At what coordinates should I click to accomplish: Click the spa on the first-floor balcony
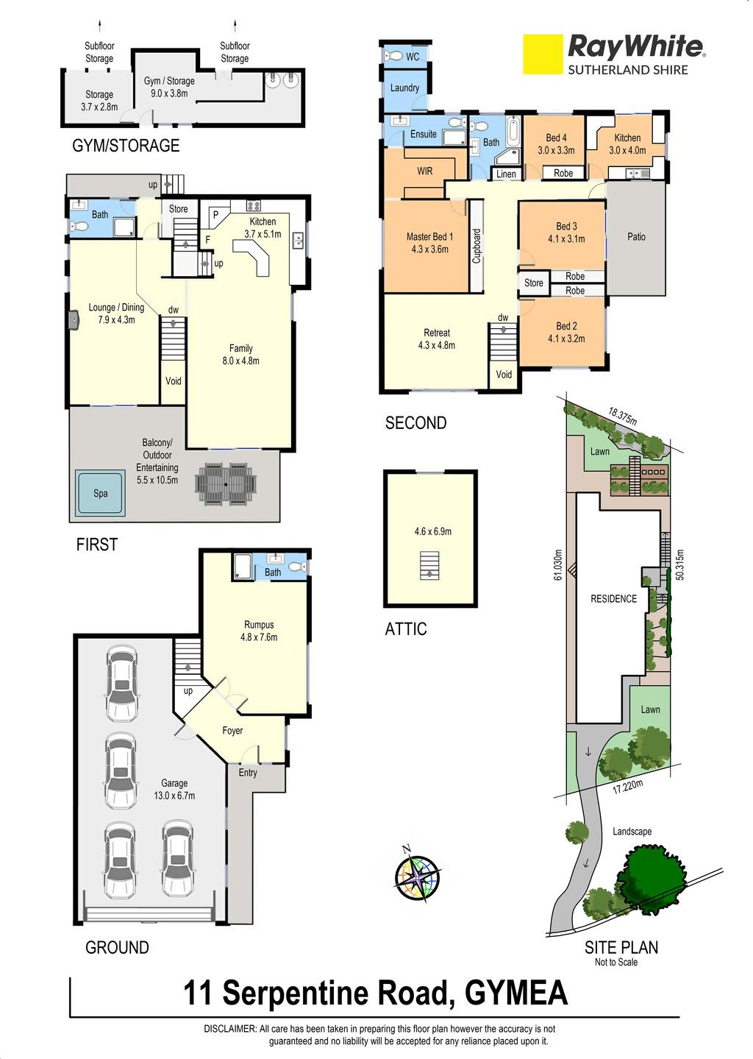click(100, 493)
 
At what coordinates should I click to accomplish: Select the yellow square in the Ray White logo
click(543, 54)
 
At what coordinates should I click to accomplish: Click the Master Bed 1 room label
click(429, 243)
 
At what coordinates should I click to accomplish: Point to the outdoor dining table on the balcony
click(226, 484)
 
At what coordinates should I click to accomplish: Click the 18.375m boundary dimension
click(623, 417)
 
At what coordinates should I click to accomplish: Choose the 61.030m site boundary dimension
click(558, 564)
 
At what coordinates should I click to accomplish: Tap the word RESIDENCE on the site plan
click(613, 598)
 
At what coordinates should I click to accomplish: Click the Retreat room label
click(437, 339)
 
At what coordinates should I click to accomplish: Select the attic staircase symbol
click(429, 565)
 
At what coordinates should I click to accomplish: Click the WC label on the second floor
click(413, 57)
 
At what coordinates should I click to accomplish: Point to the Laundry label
click(404, 88)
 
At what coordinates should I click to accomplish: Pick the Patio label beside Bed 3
click(636, 236)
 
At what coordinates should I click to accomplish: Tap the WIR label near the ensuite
click(425, 171)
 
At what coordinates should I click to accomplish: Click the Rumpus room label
click(259, 631)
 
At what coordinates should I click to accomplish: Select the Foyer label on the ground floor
click(232, 731)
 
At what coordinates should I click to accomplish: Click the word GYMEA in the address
click(516, 993)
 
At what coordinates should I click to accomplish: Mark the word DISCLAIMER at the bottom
click(230, 1029)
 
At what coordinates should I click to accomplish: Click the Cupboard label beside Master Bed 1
click(477, 247)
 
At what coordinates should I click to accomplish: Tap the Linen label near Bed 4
click(506, 174)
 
